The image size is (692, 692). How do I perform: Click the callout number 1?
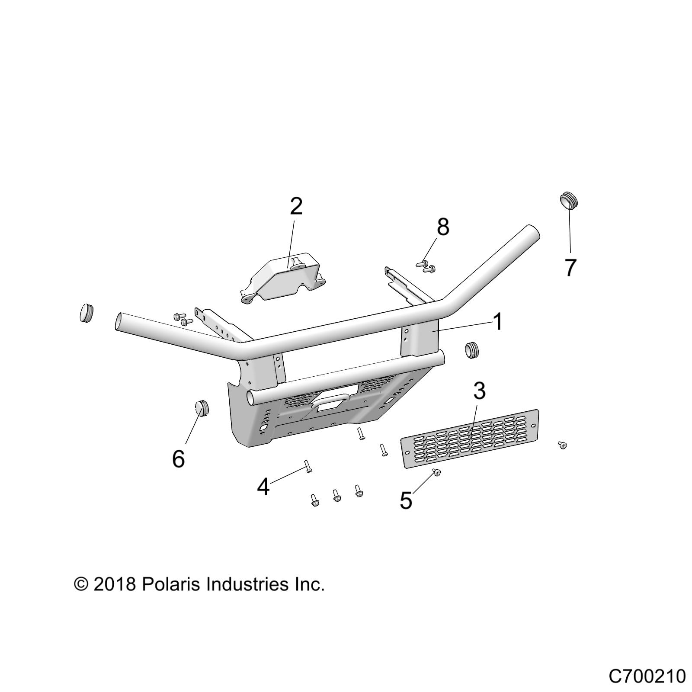click(x=498, y=322)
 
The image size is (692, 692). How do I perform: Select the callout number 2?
click(x=296, y=207)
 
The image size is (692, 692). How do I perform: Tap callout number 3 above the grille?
click(x=479, y=391)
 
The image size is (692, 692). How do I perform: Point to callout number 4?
click(x=263, y=487)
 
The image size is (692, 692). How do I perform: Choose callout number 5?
click(x=406, y=501)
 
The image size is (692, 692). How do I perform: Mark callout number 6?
click(x=179, y=458)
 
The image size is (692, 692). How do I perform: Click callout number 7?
click(x=570, y=267)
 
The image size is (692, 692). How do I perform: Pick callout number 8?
click(x=443, y=227)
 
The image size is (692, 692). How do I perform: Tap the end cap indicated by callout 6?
click(x=201, y=407)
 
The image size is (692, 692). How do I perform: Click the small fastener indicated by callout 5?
click(x=436, y=472)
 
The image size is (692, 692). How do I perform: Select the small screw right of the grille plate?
click(x=562, y=445)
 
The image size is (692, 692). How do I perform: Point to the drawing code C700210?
click(x=647, y=676)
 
